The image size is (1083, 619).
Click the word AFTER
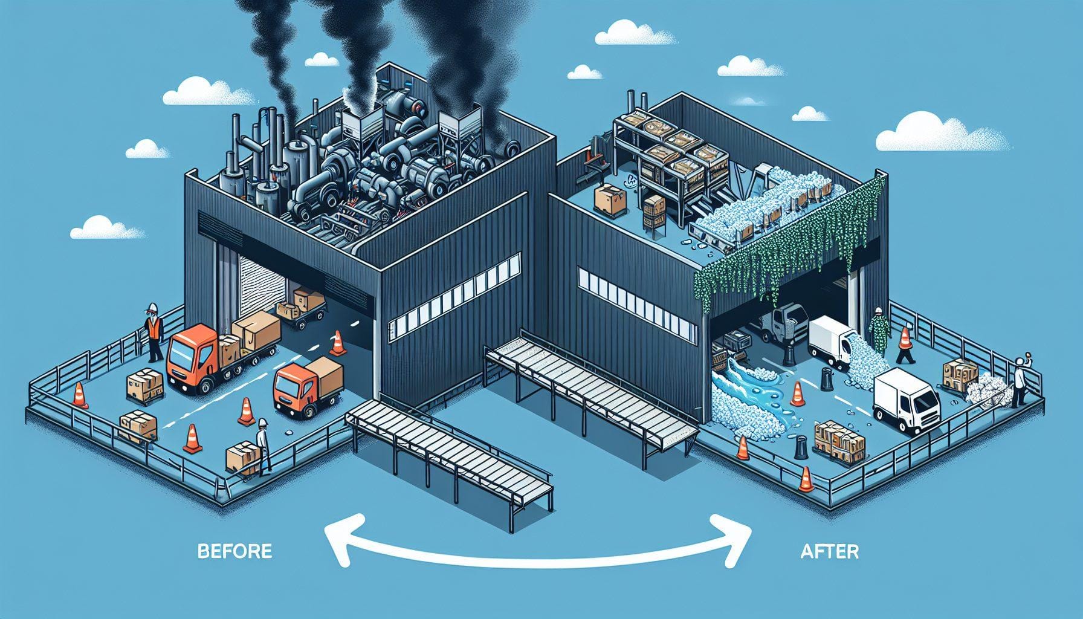(829, 551)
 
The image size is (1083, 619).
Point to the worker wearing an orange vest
(155, 331)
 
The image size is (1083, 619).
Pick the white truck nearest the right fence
(907, 401)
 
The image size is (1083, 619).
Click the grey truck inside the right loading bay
(786, 323)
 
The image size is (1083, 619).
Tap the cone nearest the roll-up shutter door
(337, 344)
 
